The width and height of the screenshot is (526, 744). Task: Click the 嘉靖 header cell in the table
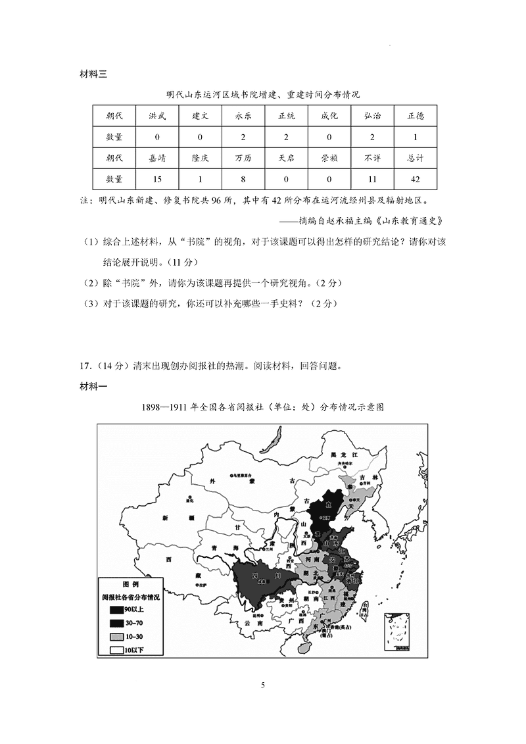157,158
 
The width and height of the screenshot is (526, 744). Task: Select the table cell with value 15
157,179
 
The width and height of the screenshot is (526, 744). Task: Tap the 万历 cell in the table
243,158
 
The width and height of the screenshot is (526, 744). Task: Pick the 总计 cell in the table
415,158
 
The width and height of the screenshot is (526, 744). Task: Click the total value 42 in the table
415,179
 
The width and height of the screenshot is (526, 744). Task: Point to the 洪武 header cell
157,116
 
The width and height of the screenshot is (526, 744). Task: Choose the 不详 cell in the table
372,158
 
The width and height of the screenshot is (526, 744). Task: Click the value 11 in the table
372,179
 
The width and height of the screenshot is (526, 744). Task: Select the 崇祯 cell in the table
329,158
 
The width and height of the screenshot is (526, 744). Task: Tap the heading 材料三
93,73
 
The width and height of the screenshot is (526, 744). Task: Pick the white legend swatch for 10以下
113,649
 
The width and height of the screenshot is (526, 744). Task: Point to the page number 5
263,685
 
